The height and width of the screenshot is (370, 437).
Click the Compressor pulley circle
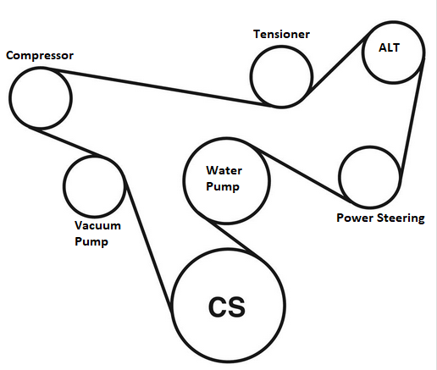[40, 96]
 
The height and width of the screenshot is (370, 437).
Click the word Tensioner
[282, 35]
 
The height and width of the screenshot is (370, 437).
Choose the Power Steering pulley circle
[369, 177]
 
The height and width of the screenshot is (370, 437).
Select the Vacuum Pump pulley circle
[94, 185]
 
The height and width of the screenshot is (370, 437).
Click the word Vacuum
[97, 226]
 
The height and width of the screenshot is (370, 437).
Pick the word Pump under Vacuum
[91, 240]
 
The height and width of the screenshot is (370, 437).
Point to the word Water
[225, 169]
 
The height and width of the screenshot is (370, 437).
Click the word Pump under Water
[225, 185]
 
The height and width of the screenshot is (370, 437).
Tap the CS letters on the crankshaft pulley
[226, 306]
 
